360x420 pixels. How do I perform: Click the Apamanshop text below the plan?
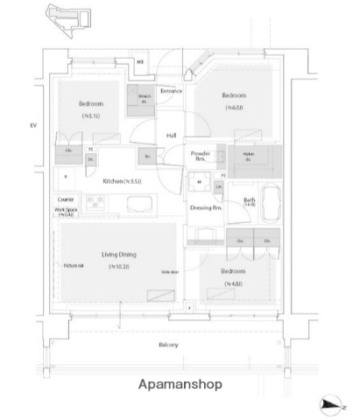[180, 383]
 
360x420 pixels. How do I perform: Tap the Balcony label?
[168, 345]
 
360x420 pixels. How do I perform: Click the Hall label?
[173, 136]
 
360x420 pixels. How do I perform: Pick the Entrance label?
[170, 90]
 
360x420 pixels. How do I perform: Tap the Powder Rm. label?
[201, 156]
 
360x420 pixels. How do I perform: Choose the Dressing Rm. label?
[205, 207]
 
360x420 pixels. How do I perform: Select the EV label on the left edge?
[32, 126]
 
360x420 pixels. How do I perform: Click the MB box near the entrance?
[142, 63]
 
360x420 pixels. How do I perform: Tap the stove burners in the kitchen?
[95, 206]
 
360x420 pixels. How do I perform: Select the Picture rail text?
[72, 265]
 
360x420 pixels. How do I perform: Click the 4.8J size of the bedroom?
[233, 283]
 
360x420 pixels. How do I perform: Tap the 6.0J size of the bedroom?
[233, 108]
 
